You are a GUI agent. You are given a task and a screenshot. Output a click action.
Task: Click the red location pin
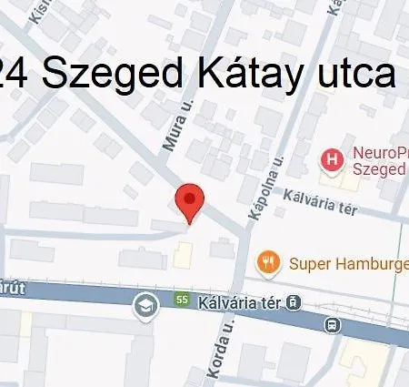click(189, 199)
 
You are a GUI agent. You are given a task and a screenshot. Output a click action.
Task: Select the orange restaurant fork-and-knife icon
click(267, 264)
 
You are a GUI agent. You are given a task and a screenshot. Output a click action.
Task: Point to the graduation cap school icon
click(145, 305)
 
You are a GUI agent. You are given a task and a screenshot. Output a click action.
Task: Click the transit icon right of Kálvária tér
click(294, 303)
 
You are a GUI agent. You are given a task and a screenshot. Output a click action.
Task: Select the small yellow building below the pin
click(185, 256)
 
